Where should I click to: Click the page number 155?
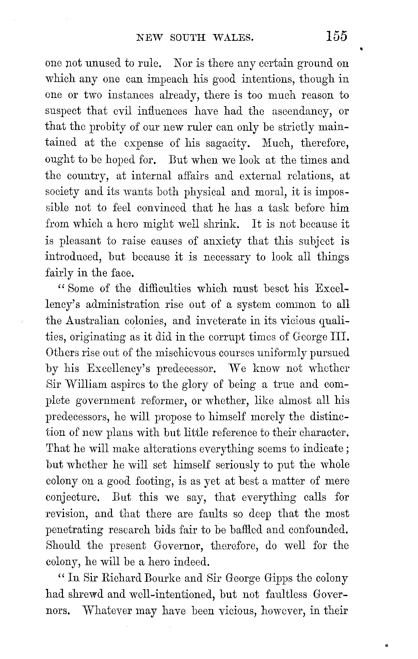[x=336, y=36]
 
